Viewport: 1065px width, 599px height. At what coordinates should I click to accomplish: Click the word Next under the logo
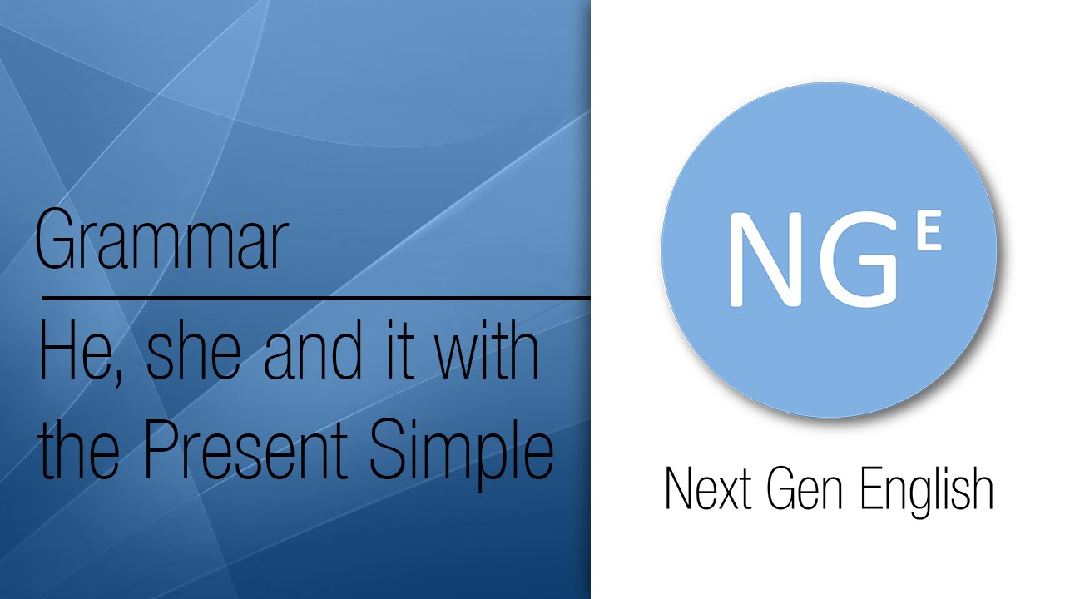tap(704, 491)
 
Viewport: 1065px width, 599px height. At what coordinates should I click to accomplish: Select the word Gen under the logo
tap(802, 491)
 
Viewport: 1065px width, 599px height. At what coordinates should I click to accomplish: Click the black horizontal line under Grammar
tap(316, 297)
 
